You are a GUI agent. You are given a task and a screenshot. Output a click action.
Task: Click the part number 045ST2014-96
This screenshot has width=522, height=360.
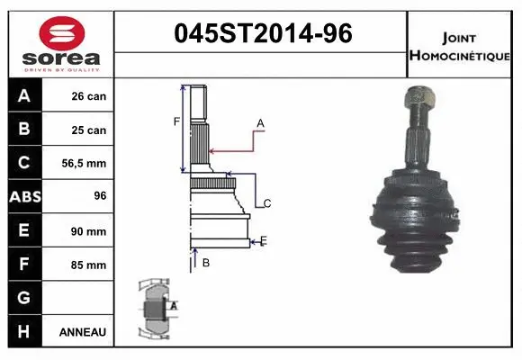point(261,34)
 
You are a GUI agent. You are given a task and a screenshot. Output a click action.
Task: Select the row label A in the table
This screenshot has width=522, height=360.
point(23,95)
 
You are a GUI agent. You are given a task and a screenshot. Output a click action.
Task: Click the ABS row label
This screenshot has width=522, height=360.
point(23,197)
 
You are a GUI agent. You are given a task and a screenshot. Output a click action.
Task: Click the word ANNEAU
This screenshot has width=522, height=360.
point(83,332)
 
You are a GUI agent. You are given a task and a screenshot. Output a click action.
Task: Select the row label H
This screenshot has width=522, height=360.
point(23,332)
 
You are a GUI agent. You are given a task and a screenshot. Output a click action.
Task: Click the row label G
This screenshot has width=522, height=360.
point(23,298)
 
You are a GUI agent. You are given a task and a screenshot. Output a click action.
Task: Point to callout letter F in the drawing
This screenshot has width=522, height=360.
point(177,121)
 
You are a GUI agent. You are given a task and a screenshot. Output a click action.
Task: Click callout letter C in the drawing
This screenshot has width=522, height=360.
point(267,203)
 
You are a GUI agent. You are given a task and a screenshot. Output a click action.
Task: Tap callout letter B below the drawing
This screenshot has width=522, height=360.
point(206,263)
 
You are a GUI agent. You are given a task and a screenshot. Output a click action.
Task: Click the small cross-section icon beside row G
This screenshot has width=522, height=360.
point(155,307)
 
